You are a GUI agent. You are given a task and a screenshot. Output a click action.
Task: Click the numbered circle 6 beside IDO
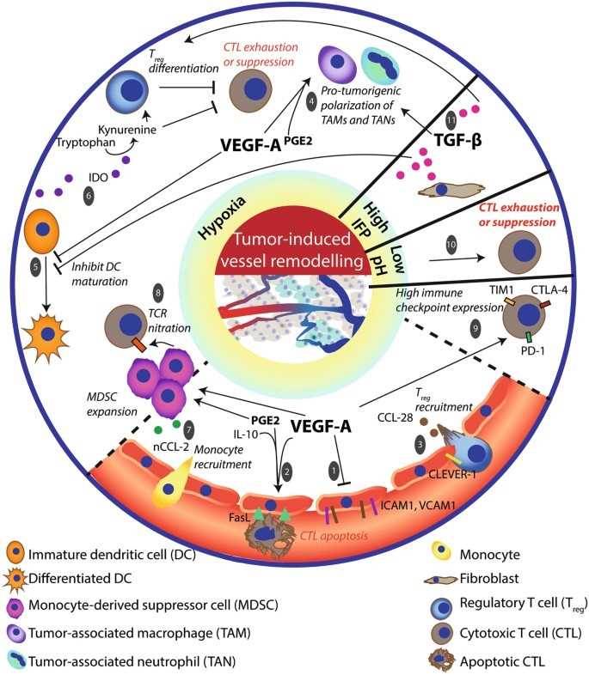[x=88, y=196]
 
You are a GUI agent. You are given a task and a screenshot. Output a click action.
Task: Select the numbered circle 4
[x=312, y=100]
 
